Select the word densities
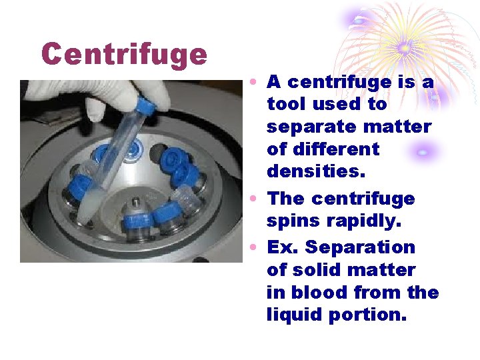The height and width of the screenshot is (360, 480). point(316,171)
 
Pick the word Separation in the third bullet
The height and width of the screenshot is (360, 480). point(360,247)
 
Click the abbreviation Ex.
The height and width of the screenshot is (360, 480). point(283,247)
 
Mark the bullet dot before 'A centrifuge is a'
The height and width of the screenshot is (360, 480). point(255,83)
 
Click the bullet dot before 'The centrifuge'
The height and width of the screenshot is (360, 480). point(255,199)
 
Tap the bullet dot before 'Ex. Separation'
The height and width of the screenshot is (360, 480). point(255,248)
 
